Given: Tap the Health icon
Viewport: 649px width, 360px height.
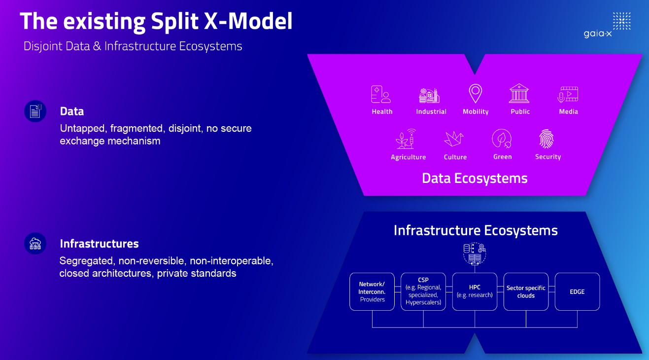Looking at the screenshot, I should pos(381,94).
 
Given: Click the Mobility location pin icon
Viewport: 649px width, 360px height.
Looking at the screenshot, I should pos(475,93).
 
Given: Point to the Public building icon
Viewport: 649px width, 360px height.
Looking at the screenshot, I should pos(519,93).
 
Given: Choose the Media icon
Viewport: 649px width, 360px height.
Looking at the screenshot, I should pos(568,94).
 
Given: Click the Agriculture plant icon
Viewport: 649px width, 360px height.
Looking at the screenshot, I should pos(407,139).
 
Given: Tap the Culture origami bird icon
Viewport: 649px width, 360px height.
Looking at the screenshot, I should pos(454,139).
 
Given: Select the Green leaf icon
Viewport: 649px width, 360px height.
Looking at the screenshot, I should pos(502,139).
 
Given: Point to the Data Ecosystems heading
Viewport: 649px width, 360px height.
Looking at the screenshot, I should pos(475,178).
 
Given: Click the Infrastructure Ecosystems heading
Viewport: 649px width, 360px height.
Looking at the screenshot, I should pos(476,230).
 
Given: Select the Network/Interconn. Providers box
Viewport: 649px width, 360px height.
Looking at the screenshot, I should pos(372,291).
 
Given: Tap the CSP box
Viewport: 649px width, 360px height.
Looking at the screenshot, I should pos(423,291).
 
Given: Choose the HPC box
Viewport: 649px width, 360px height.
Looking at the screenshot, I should pos(475,291).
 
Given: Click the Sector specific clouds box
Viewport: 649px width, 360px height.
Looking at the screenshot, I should pos(526,291).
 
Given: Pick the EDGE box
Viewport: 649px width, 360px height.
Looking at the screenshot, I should pos(577,291).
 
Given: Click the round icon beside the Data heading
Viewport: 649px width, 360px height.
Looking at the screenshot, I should pos(35,111).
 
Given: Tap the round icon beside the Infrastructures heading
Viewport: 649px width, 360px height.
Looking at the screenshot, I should pos(35,244).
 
